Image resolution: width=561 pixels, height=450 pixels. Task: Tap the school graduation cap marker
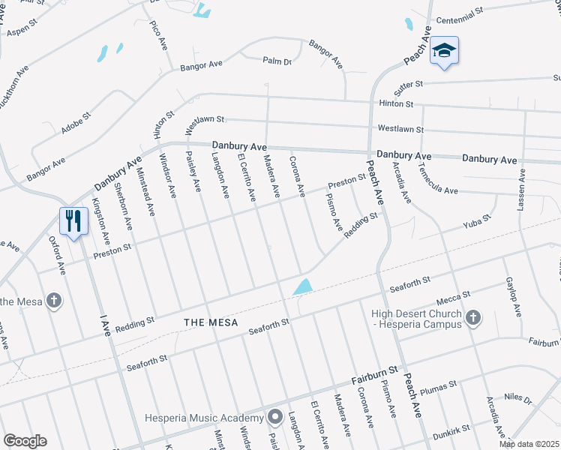pos(444,50)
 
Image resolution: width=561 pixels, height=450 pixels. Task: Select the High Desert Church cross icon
pos(472,318)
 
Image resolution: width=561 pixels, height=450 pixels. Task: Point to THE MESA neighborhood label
pos(211,322)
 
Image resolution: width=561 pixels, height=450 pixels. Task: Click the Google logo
pos(25,441)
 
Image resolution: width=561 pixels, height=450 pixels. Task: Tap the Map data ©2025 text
pos(529,444)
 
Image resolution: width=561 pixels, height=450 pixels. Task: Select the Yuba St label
pos(476,220)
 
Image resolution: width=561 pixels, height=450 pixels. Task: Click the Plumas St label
pos(439,386)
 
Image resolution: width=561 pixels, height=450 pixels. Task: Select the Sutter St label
pos(409,84)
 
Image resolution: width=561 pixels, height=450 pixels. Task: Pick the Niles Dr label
pos(517,400)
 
